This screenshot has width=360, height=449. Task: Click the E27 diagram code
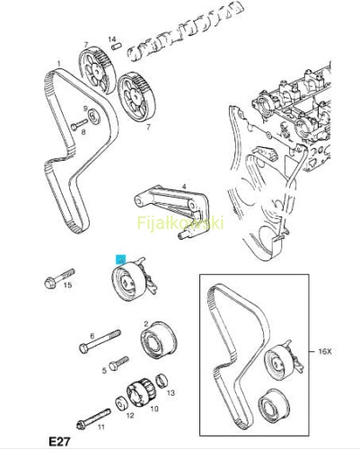click(x=59, y=442)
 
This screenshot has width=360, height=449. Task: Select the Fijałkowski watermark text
click(x=180, y=223)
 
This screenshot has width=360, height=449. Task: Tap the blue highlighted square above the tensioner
click(x=121, y=260)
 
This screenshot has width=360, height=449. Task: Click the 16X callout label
click(x=325, y=351)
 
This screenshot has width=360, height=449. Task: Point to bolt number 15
click(x=59, y=278)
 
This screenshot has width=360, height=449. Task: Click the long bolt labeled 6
click(x=100, y=341)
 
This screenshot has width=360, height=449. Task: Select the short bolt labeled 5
click(x=119, y=363)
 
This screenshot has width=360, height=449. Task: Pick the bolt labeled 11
click(x=94, y=419)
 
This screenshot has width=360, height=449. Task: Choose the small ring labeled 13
click(x=162, y=381)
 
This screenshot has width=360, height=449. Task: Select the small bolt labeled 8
click(x=79, y=125)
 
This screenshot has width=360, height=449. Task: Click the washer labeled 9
click(x=95, y=117)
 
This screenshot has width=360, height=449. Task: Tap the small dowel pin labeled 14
click(x=116, y=47)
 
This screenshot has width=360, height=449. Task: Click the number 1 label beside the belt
click(x=59, y=64)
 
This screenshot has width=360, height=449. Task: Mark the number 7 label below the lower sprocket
click(x=148, y=128)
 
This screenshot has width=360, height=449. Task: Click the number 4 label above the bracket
click(x=184, y=187)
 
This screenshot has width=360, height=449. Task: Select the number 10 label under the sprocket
click(x=154, y=409)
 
